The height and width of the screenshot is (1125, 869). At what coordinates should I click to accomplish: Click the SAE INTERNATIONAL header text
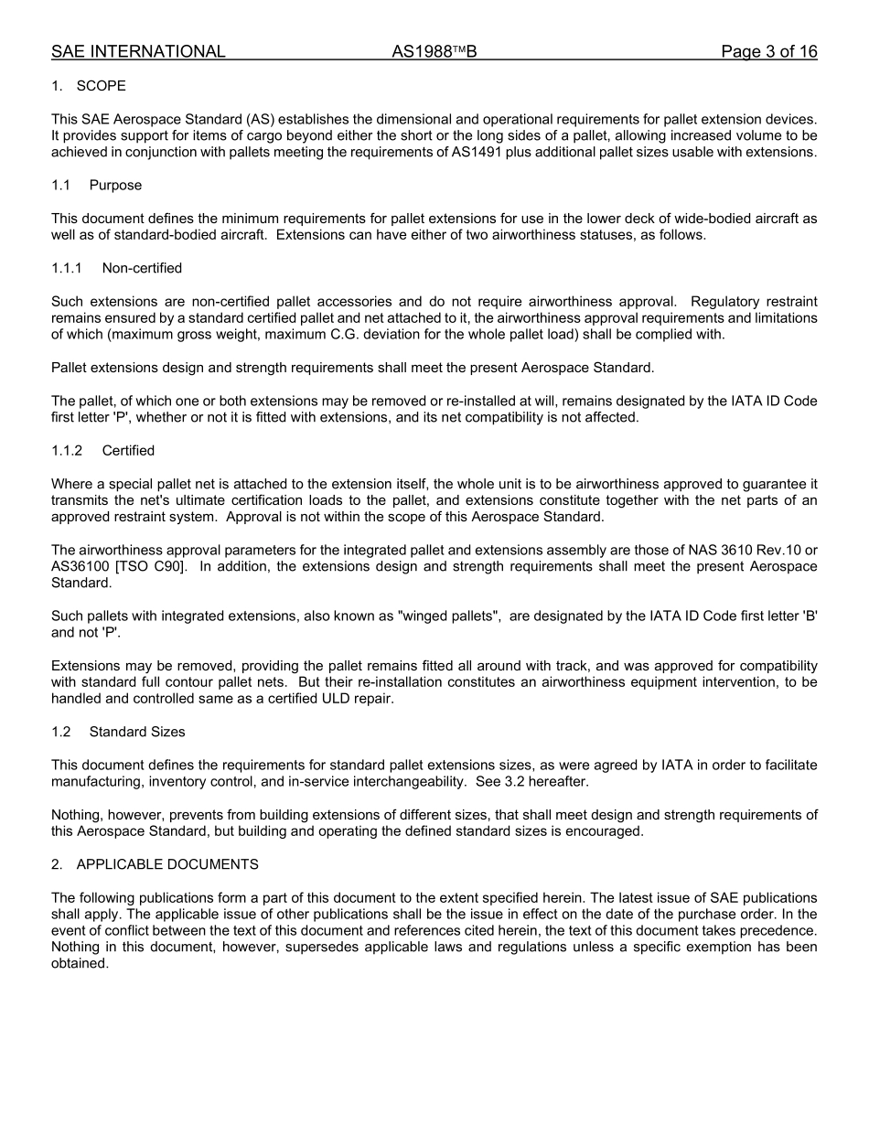138,52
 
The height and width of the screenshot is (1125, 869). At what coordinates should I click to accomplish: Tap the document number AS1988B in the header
434,52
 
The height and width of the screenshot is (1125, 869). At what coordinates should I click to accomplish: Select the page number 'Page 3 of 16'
768,52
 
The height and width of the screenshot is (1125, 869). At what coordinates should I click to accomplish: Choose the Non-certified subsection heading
142,268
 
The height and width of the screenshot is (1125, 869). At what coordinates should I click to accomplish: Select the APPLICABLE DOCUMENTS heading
167,864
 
